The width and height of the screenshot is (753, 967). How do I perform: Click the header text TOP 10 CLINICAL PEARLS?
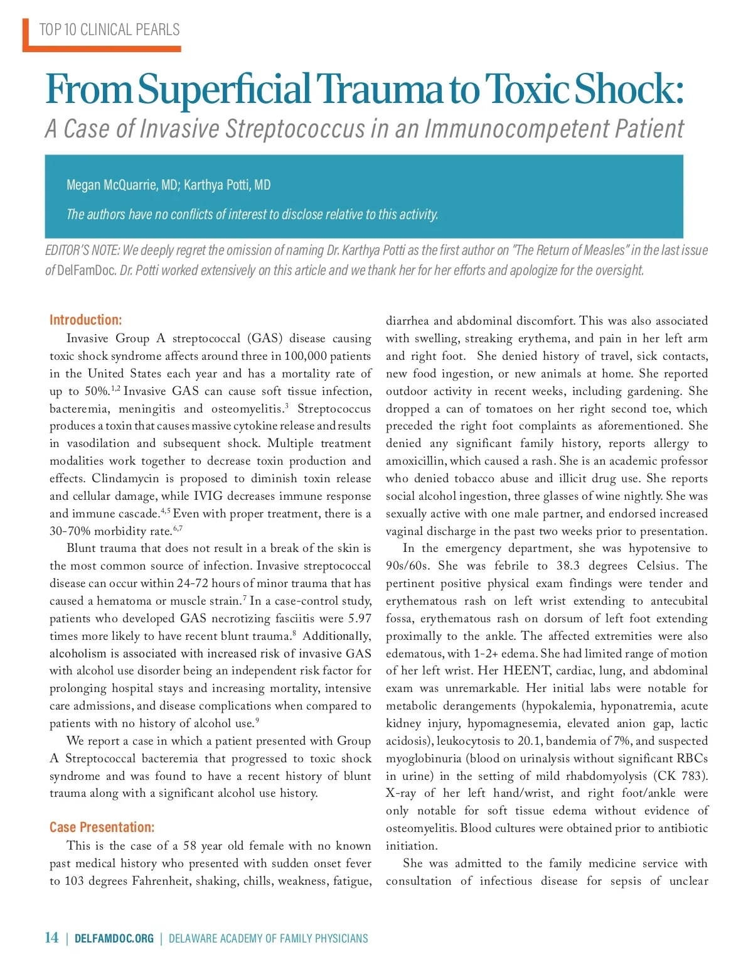click(109, 30)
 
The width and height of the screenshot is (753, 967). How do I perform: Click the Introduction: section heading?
click(86, 320)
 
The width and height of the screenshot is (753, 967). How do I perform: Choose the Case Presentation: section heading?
click(102, 827)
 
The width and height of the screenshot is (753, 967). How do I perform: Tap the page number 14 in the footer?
click(51, 938)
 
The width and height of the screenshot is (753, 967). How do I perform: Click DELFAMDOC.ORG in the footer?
click(114, 939)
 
